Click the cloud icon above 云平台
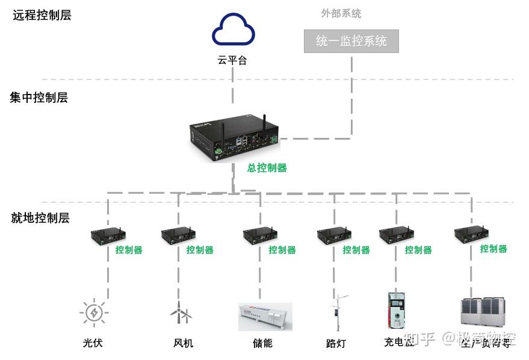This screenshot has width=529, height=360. (x=234, y=29)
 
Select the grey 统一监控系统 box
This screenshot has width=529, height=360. (x=351, y=42)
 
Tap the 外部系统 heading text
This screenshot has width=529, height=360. (x=341, y=13)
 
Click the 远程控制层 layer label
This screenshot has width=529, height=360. (x=42, y=16)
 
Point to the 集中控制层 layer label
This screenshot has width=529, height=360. (x=39, y=98)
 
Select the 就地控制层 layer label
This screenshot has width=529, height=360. (x=40, y=218)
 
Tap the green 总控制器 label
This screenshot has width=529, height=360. (x=267, y=168)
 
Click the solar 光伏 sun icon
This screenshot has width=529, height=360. (x=93, y=313)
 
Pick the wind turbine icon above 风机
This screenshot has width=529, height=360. (x=180, y=312)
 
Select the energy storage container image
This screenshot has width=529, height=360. (x=265, y=317)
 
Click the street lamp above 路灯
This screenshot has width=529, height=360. (x=338, y=312)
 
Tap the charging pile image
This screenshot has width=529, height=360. (x=396, y=311)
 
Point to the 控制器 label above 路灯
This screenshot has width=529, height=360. (x=356, y=250)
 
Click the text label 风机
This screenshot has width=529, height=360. (x=183, y=343)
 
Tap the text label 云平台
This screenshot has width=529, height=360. (x=232, y=60)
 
